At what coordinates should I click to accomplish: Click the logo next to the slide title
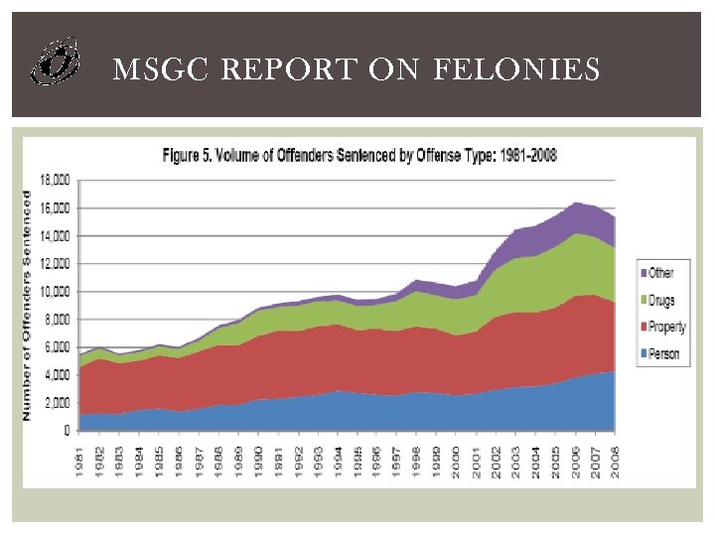[55, 62]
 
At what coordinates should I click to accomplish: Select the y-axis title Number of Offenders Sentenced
[27, 305]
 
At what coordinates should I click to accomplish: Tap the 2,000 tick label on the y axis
[57, 403]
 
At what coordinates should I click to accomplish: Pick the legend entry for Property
[668, 328]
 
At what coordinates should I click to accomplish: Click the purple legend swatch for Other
[643, 272]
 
